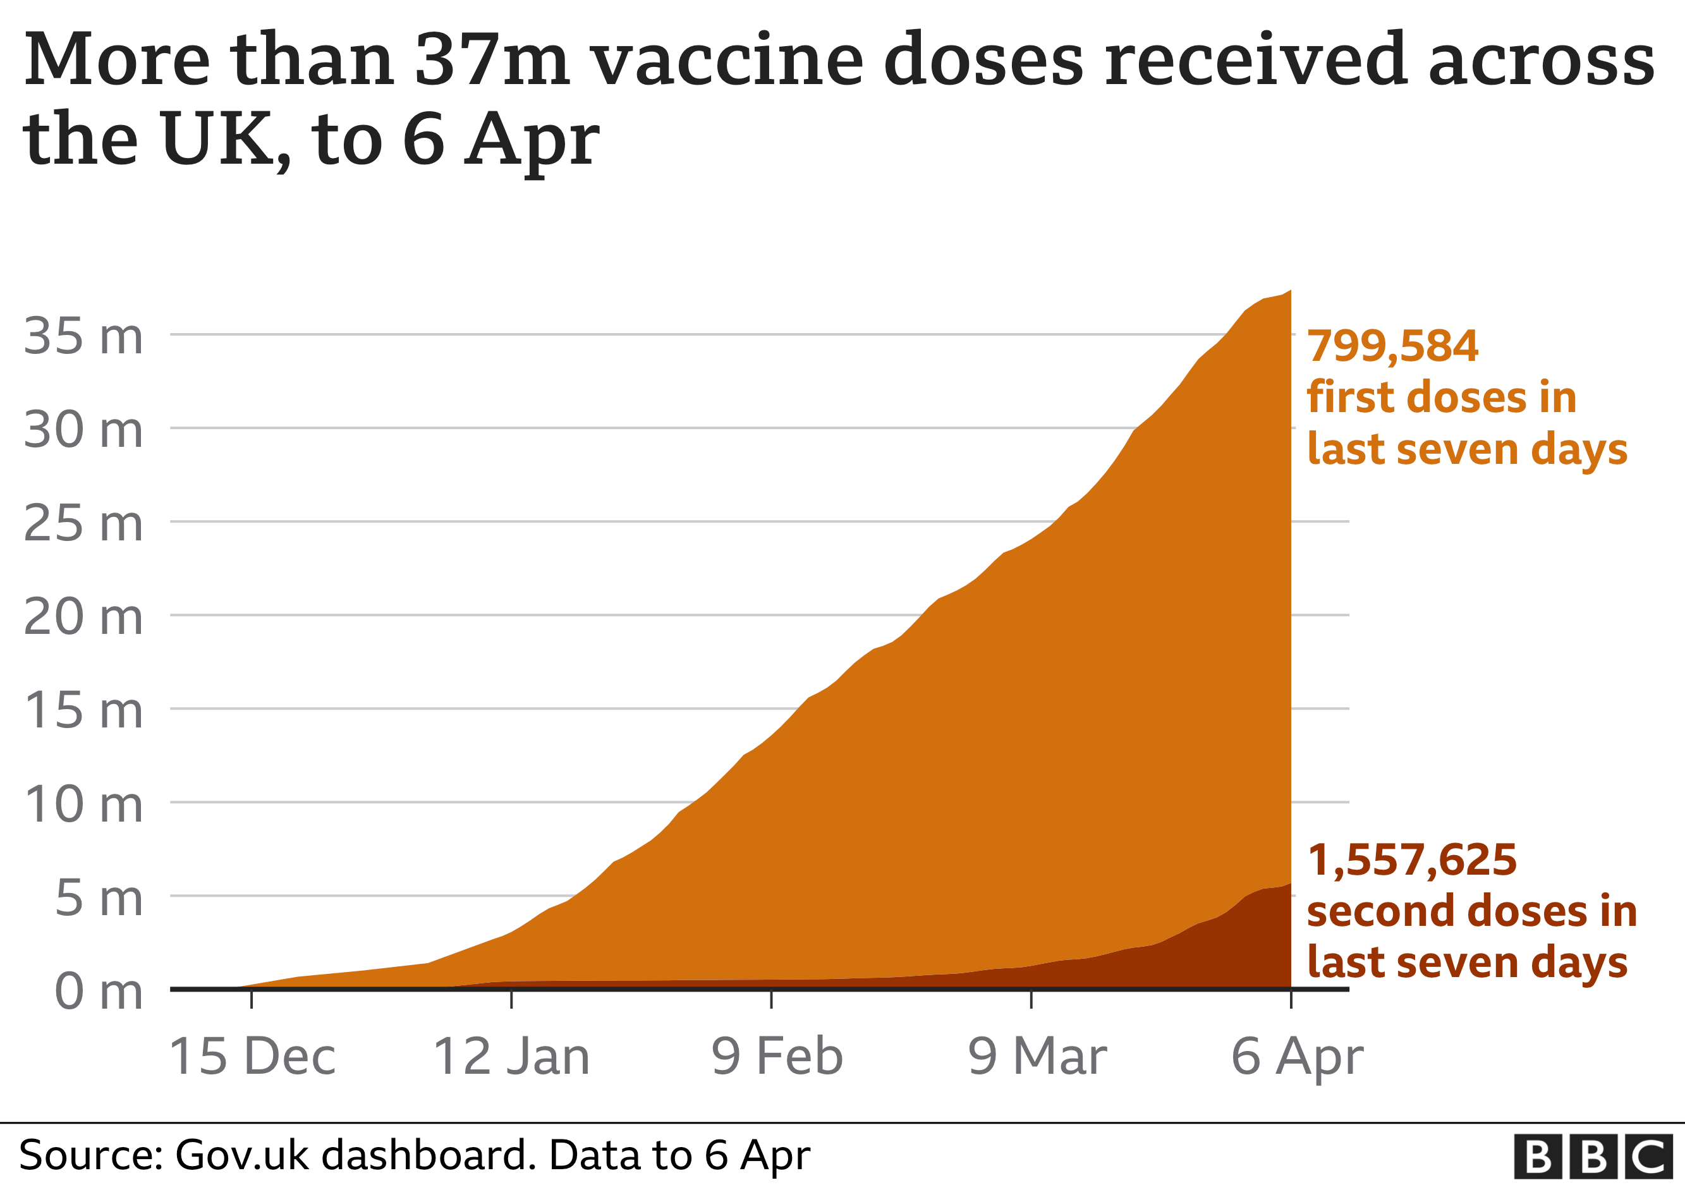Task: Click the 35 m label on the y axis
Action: pyautogui.click(x=83, y=337)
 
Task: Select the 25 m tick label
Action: pyautogui.click(x=83, y=524)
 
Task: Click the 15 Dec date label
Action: pyautogui.click(x=252, y=1057)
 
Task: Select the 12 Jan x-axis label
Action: pyautogui.click(x=511, y=1057)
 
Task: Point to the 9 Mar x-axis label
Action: pyautogui.click(x=1037, y=1057)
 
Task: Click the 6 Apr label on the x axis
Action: pyautogui.click(x=1297, y=1057)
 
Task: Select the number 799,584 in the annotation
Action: pyautogui.click(x=1392, y=346)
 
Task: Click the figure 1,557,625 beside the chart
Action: pyautogui.click(x=1411, y=860)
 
